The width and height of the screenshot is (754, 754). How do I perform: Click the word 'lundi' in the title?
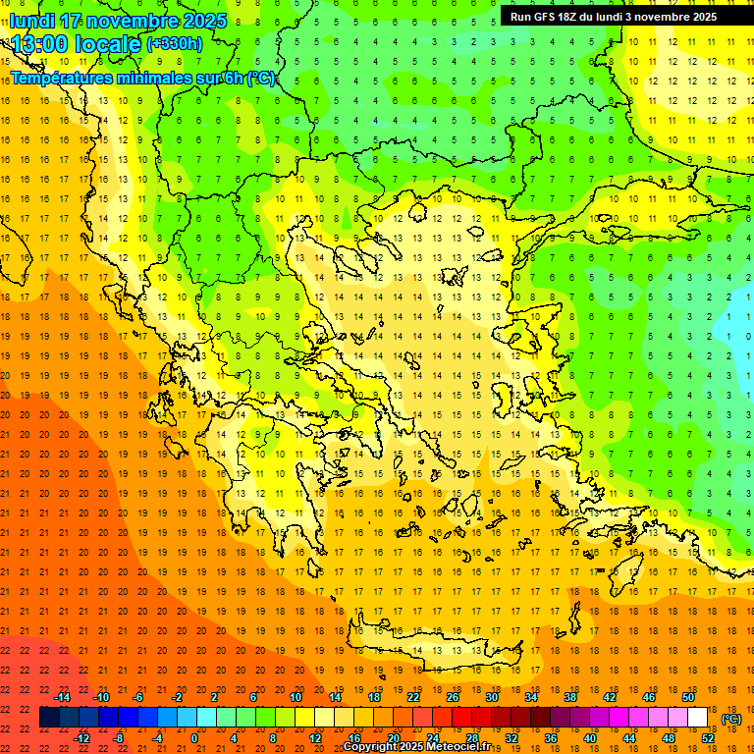tap(31, 21)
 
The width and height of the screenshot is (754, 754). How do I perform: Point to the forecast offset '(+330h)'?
tap(175, 44)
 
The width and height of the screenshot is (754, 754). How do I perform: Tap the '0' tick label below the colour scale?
tap(194, 738)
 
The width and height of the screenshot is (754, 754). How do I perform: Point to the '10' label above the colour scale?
tap(295, 697)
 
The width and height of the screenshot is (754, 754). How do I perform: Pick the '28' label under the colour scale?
tap(471, 738)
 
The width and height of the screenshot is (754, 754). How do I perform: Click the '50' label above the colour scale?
tap(687, 697)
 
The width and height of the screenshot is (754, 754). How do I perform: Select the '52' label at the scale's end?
tap(708, 738)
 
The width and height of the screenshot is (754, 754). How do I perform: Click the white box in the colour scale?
tap(697, 718)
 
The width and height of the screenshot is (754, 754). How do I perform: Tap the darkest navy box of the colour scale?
tap(49, 718)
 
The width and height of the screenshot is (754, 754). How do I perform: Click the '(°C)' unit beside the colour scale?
tap(731, 719)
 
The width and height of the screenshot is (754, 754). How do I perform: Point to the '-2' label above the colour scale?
tap(178, 697)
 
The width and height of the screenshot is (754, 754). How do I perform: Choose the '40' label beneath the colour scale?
tap(589, 738)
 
